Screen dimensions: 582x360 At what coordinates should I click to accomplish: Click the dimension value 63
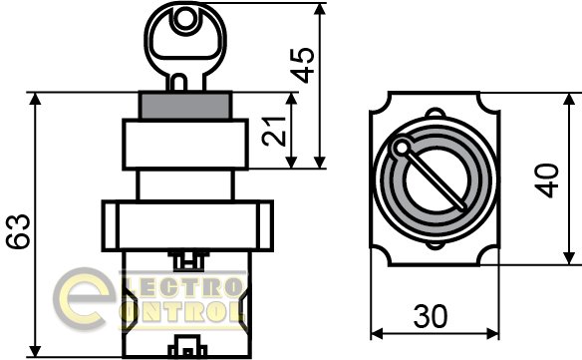point(18,230)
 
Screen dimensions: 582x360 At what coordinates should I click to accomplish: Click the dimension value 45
point(302,65)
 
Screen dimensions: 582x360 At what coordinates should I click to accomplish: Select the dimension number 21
point(274,132)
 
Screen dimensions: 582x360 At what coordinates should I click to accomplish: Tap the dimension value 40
point(546,180)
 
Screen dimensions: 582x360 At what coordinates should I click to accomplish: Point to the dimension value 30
point(431,316)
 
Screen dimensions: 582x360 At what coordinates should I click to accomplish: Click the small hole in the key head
point(184,19)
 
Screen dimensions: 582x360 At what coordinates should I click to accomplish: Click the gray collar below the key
point(185,106)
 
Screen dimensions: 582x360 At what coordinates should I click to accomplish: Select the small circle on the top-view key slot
point(402,148)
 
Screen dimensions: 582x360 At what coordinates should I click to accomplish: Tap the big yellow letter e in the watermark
point(83,298)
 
